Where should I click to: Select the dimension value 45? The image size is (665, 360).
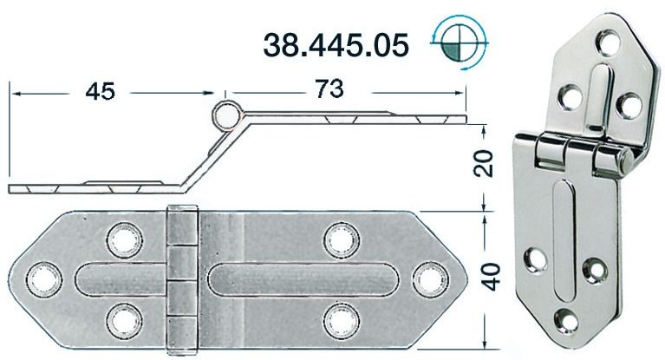(101, 90)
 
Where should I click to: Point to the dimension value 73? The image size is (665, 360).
(329, 88)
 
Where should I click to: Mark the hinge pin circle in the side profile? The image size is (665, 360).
(228, 113)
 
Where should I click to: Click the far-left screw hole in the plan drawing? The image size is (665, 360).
(40, 278)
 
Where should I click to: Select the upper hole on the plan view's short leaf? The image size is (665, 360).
(121, 237)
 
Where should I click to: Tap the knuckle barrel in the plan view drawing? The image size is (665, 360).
(181, 278)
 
